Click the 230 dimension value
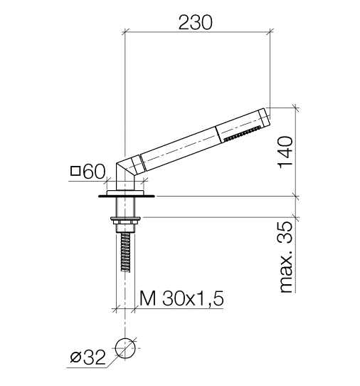click(x=195, y=22)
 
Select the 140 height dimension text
click(x=285, y=152)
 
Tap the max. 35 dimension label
click(x=286, y=257)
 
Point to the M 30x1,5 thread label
click(x=181, y=298)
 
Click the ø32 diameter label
click(x=88, y=358)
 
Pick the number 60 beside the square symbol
click(x=94, y=172)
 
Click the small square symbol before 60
click(x=75, y=171)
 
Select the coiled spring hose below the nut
click(x=126, y=251)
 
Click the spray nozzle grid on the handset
click(x=242, y=134)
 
